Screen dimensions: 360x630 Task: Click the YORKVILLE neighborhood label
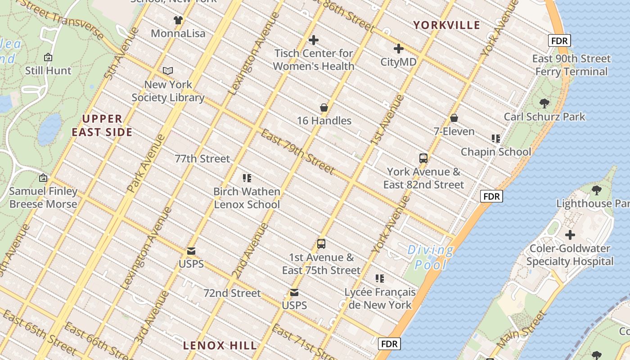(x=446, y=25)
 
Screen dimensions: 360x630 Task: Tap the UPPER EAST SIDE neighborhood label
(x=102, y=126)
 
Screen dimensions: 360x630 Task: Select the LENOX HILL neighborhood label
(x=220, y=346)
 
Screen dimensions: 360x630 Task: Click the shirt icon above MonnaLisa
(x=178, y=20)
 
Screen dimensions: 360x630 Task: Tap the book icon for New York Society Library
(x=168, y=71)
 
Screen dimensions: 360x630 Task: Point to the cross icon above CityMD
(x=398, y=49)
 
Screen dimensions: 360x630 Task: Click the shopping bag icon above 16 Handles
(x=324, y=108)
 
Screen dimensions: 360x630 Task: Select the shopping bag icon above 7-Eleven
(x=454, y=118)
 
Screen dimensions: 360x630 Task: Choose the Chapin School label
(x=495, y=152)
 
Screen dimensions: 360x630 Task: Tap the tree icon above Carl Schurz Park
(x=544, y=103)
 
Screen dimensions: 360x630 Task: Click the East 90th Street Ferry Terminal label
(x=571, y=65)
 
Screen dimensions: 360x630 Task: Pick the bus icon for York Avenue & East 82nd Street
(x=423, y=158)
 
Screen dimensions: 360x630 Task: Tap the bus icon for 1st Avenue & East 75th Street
(x=321, y=244)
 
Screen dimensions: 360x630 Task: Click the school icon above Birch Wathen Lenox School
(x=247, y=178)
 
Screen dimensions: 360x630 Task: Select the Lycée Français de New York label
(x=380, y=298)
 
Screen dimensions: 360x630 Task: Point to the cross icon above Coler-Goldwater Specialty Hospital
(x=570, y=235)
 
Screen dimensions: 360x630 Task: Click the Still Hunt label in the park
(x=48, y=71)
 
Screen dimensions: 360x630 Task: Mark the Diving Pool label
(x=430, y=257)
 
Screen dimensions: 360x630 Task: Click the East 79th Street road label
(x=297, y=152)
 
